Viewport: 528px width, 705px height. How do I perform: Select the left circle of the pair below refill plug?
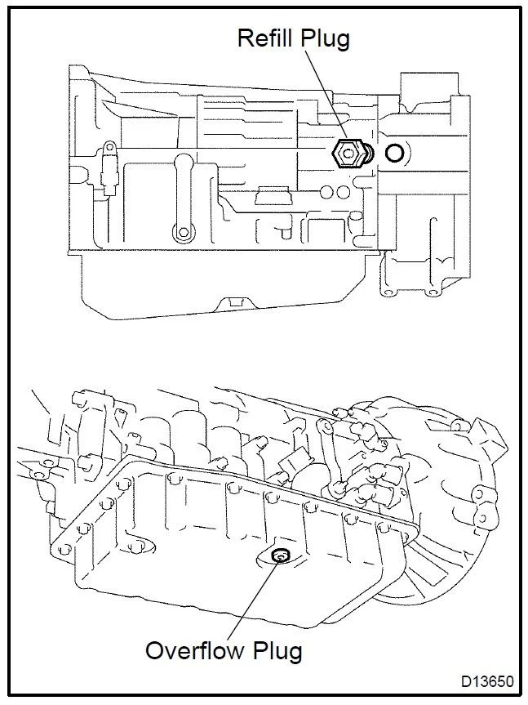(326, 193)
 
